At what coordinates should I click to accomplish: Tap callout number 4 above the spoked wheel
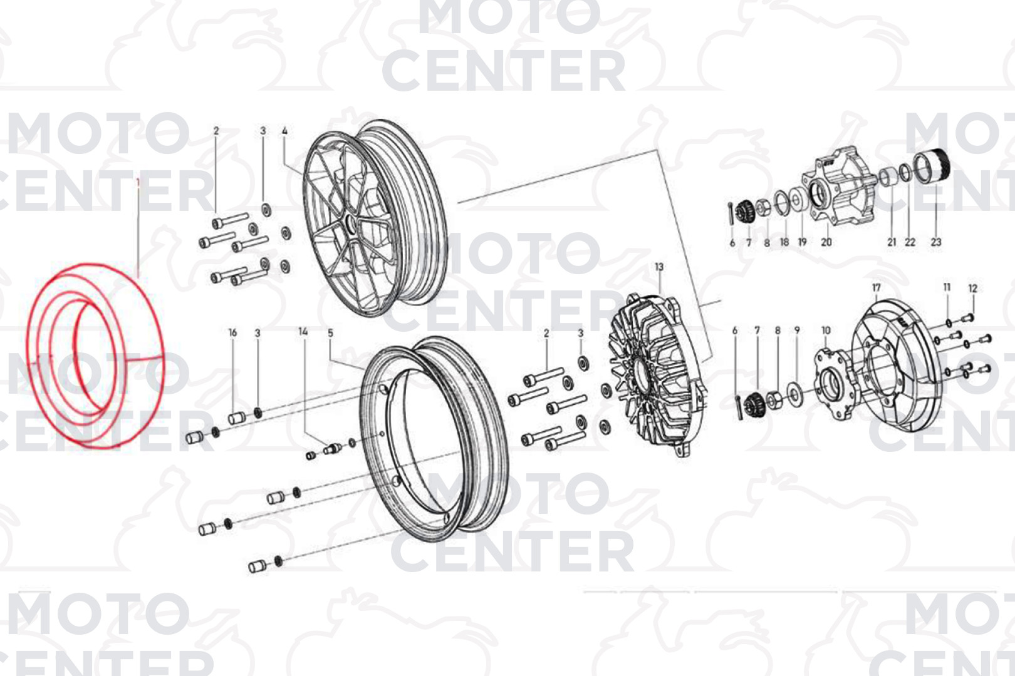coord(284,131)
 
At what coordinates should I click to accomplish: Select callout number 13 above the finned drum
coord(659,267)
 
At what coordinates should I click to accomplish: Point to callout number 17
coord(877,288)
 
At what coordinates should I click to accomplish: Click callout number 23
coord(936,242)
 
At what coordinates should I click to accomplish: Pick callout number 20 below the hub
coord(826,242)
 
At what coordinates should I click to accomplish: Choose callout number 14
coord(303,332)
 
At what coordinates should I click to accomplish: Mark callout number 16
coord(232,333)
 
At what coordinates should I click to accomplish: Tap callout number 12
coord(973,288)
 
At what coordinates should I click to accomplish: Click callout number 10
coord(826,330)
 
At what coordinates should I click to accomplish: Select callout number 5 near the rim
coord(330,333)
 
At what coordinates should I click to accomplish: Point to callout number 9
coord(797,330)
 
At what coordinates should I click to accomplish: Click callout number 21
coord(892,242)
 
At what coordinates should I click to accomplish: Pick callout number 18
coord(784,242)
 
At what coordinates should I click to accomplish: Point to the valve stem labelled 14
coord(333,449)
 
